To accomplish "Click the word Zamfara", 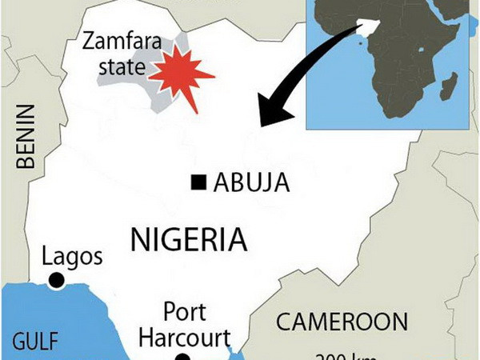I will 120,39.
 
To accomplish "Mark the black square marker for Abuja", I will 197,184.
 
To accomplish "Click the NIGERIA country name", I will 187,238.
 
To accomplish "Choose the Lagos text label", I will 71,258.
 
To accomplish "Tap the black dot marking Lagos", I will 56,280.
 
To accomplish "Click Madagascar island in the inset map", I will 450,84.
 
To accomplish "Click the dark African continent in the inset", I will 400,48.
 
